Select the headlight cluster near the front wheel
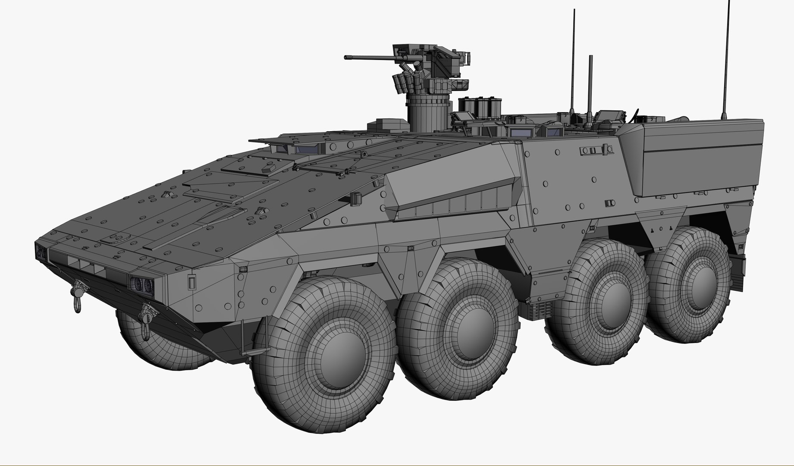[142, 283]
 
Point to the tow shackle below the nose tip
[78, 293]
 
